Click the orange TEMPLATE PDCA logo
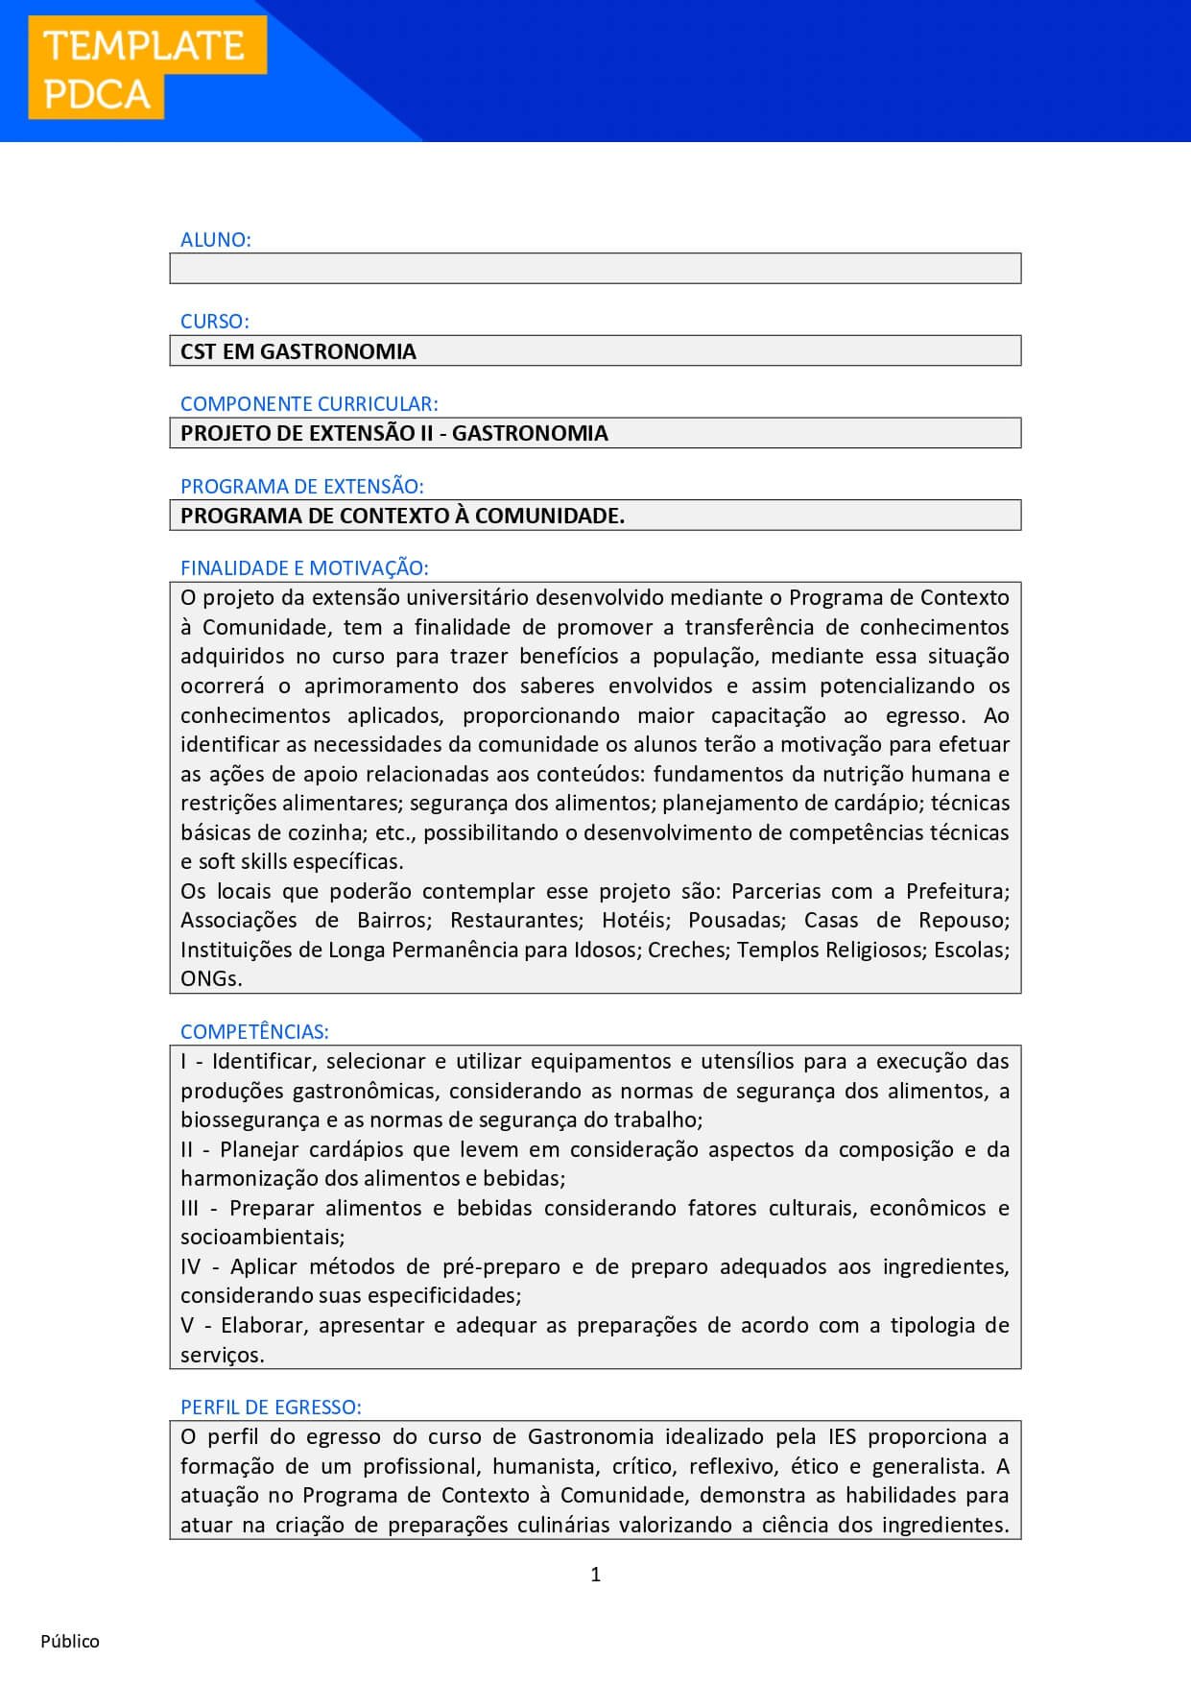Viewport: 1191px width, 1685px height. pos(146,69)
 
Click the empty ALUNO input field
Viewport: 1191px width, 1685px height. pos(595,268)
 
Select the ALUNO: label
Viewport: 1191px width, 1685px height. pos(215,239)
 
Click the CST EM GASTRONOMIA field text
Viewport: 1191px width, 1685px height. pos(298,351)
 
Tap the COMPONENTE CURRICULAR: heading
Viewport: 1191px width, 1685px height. pos(309,403)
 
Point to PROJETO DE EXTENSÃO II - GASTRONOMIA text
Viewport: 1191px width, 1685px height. pos(393,433)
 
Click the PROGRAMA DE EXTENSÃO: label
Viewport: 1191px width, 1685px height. pos(301,486)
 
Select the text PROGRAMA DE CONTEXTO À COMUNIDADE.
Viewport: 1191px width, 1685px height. pos(402,516)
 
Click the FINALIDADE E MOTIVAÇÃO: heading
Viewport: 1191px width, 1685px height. pos(304,567)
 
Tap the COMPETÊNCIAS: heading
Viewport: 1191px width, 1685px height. pos(254,1031)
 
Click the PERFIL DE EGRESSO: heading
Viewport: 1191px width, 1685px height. pos(271,1407)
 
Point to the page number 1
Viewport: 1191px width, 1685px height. pos(595,1574)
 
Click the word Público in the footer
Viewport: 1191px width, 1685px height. pos(70,1641)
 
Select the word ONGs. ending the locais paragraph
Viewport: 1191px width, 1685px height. pos(211,978)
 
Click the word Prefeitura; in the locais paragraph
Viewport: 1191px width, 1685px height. pos(957,891)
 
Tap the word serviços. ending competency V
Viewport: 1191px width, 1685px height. pos(222,1355)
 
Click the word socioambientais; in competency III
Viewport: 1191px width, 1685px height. pos(262,1238)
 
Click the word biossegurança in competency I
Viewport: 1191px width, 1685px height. pos(250,1119)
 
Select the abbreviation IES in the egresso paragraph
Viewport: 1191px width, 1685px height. pos(842,1436)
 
